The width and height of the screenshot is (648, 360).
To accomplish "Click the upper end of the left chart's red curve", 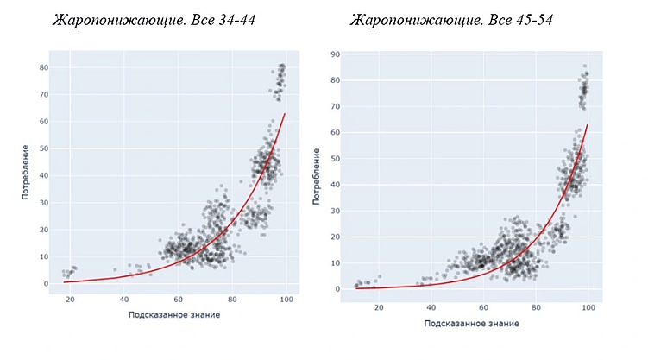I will (285, 114).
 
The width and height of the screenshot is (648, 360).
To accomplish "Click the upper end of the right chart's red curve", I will (588, 125).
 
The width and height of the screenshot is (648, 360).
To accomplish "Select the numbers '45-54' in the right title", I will (521, 19).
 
